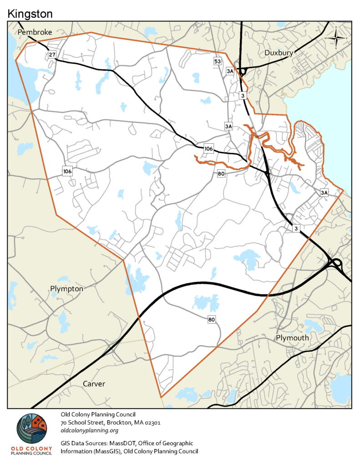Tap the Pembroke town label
(35, 32)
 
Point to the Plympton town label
(66, 289)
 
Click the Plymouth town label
(292, 338)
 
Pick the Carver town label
(94, 384)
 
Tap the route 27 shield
(52, 55)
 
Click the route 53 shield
(218, 61)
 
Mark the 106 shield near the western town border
(67, 171)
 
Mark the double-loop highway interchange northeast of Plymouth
(335, 263)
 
